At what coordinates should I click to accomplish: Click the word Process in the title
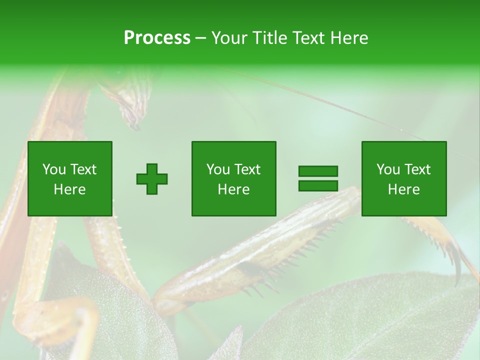point(157,38)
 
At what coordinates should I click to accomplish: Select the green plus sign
point(152,178)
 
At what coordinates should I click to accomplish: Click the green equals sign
point(318,178)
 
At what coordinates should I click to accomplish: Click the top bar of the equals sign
point(318,171)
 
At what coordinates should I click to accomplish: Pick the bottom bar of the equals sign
point(318,185)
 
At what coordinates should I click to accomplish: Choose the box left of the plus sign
point(69,178)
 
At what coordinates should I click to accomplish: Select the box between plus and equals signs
point(233,178)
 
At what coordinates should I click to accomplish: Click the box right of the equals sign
point(403,178)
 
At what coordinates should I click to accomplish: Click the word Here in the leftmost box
point(69,189)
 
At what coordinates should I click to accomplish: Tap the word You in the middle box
point(218,169)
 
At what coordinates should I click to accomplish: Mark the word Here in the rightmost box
point(403,189)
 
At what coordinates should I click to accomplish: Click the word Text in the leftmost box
point(83,169)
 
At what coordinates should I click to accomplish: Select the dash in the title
point(200,38)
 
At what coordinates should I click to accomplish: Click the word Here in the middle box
point(233,189)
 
